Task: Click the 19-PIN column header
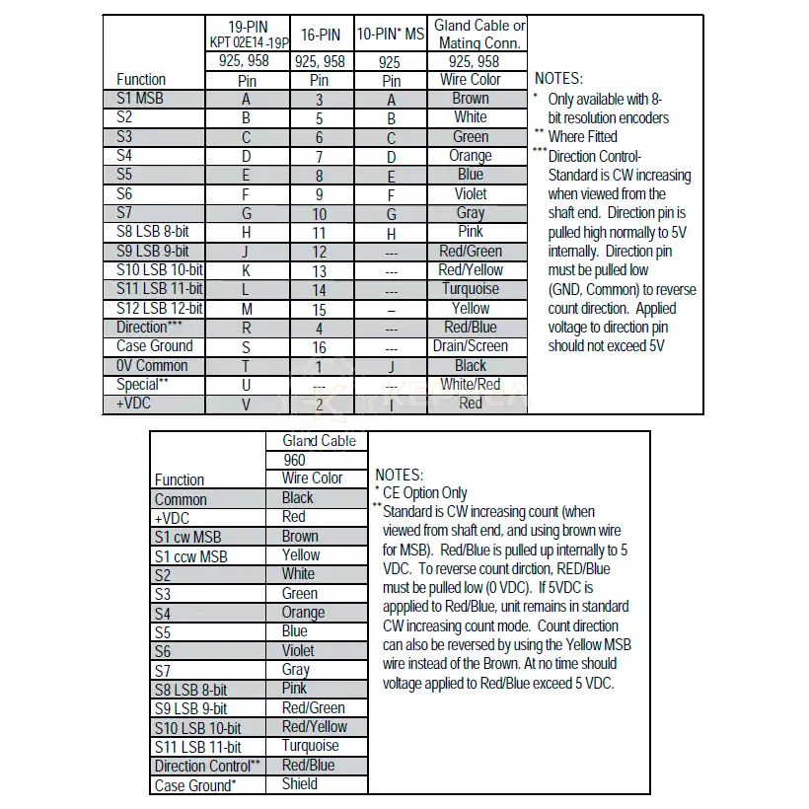click(247, 26)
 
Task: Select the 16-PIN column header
click(320, 35)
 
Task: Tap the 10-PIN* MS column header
click(391, 35)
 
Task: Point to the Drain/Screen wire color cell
click(471, 346)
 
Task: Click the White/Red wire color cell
click(471, 385)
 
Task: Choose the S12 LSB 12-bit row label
click(159, 308)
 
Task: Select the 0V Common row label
click(152, 366)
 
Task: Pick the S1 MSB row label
click(140, 99)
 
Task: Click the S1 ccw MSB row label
click(191, 556)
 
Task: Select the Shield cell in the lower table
click(300, 784)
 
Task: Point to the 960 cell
click(295, 460)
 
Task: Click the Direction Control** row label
click(206, 767)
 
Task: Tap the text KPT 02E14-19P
click(247, 42)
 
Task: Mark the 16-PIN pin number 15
click(320, 309)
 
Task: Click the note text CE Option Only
click(425, 493)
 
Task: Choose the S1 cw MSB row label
click(187, 538)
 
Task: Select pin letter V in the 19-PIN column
click(247, 404)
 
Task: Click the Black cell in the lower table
click(298, 498)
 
